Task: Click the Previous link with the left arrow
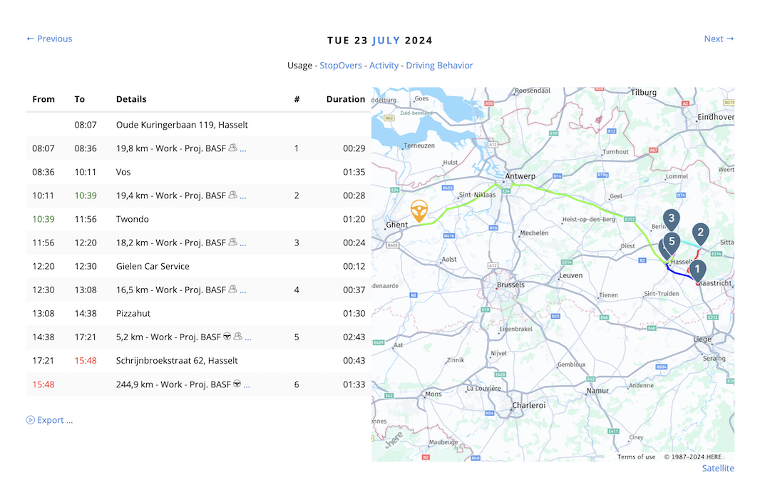49,39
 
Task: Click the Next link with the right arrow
719,39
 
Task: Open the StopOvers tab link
341,66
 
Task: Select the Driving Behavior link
439,66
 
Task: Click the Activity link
384,66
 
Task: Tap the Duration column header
346,99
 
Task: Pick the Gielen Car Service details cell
153,266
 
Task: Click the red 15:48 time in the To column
85,361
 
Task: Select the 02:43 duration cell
354,337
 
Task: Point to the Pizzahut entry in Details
133,313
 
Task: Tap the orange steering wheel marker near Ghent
420,211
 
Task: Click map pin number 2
700,233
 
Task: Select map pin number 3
671,219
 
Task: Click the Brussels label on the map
510,285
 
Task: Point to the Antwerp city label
520,176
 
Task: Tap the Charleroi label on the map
528,405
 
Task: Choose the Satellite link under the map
718,469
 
